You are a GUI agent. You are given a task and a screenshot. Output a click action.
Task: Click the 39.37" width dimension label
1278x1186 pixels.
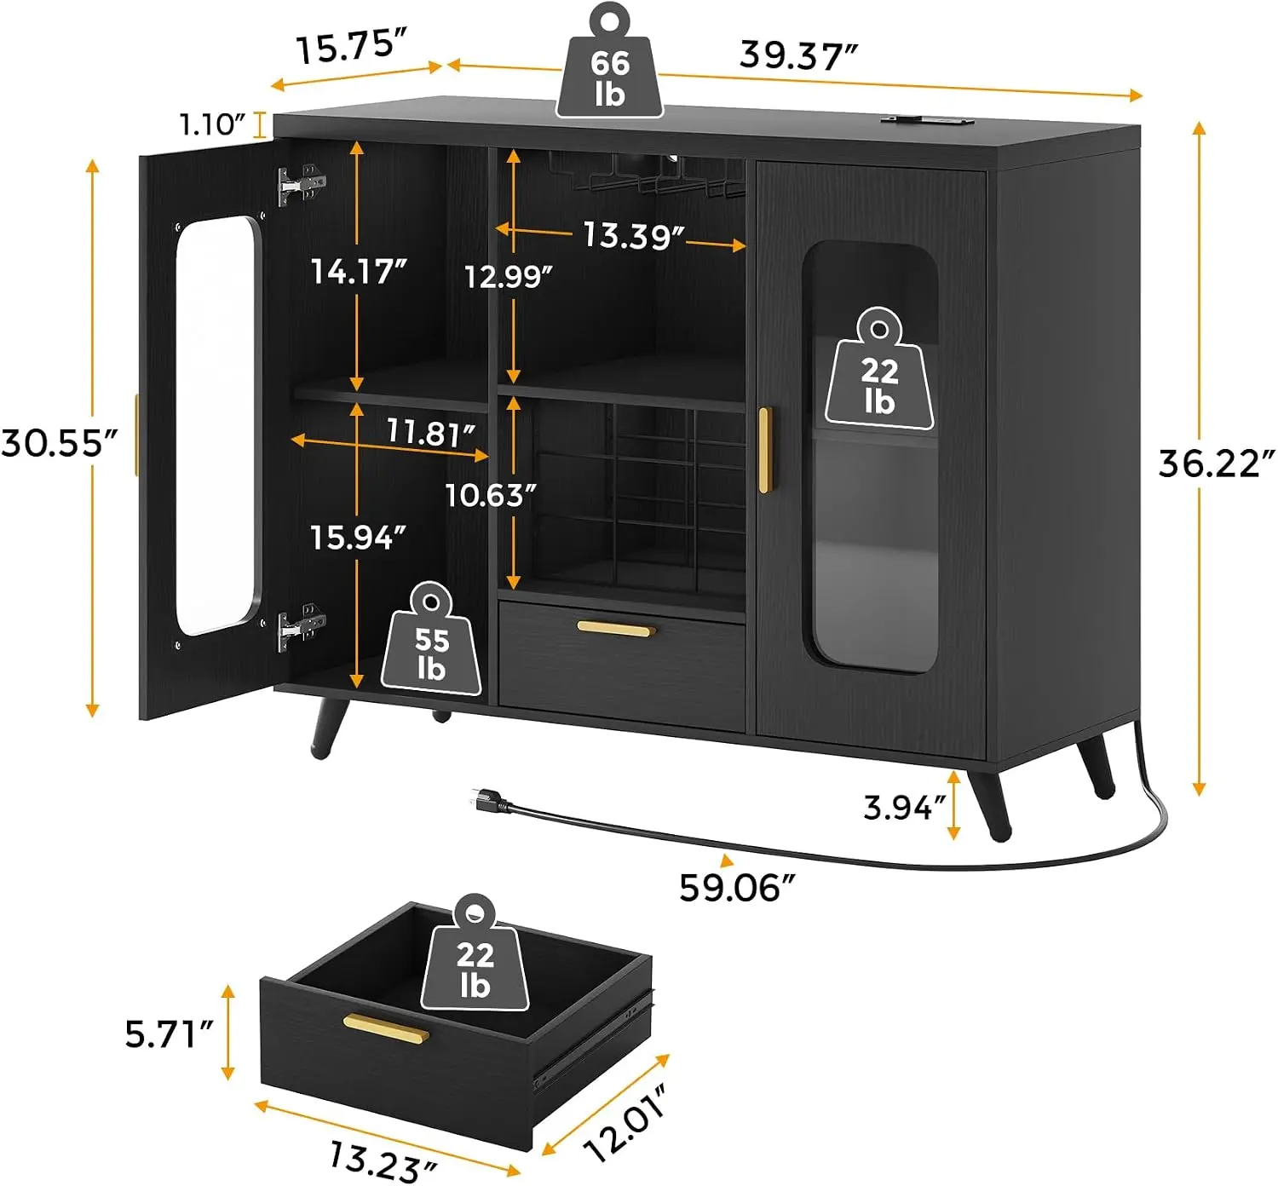pyautogui.click(x=798, y=55)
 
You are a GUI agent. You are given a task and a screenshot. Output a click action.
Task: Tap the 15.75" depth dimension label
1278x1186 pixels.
pyautogui.click(x=352, y=48)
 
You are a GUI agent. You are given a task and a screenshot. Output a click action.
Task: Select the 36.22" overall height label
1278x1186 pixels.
pyautogui.click(x=1216, y=463)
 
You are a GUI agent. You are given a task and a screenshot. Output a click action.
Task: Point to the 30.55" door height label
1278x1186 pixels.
pyautogui.click(x=60, y=443)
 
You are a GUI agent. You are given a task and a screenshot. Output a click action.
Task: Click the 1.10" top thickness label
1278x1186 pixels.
pyautogui.click(x=212, y=125)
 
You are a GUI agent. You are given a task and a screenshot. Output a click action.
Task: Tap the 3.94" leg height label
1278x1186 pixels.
pyautogui.click(x=904, y=808)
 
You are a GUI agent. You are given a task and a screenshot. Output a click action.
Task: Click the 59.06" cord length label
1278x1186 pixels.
pyautogui.click(x=738, y=888)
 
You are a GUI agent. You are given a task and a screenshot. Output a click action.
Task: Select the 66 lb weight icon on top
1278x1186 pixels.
pyautogui.click(x=609, y=61)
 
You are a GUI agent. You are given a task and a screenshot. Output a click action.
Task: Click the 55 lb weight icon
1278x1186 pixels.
pyautogui.click(x=431, y=639)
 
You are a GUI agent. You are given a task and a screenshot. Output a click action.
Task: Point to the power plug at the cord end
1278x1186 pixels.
pyautogui.click(x=488, y=801)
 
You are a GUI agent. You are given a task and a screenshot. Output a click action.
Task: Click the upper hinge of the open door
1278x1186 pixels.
pyautogui.click(x=302, y=186)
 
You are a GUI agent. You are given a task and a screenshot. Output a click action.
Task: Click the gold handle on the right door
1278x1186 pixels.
pyautogui.click(x=764, y=451)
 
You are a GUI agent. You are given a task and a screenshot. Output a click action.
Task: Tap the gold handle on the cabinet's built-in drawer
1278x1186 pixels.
pyautogui.click(x=616, y=628)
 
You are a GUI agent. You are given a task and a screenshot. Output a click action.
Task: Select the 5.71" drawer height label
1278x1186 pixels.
pyautogui.click(x=169, y=1034)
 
